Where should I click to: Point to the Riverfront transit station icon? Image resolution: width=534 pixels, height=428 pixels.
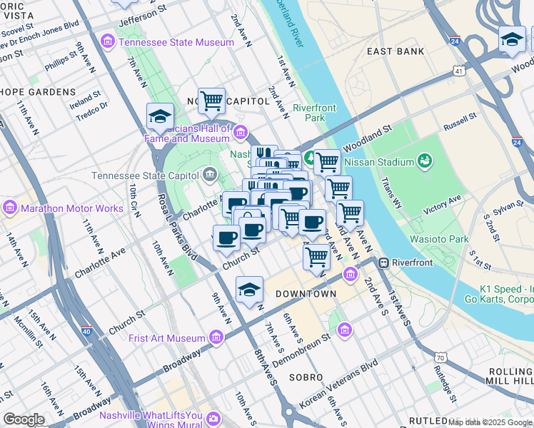[x=384, y=263]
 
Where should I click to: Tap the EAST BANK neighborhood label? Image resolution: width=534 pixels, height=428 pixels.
[x=396, y=51]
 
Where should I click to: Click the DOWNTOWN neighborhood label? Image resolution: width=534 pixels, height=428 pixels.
[x=306, y=294]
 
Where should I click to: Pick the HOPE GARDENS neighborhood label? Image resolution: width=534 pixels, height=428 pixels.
[x=38, y=92]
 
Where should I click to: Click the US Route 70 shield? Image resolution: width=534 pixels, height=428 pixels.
[x=441, y=356]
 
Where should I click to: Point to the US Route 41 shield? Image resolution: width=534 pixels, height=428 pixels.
[x=458, y=71]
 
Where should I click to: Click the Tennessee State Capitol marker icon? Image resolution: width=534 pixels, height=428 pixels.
[x=209, y=174]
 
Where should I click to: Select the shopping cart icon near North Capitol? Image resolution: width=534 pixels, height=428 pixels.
[x=211, y=101]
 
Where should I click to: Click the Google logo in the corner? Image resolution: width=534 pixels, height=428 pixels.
[x=24, y=419]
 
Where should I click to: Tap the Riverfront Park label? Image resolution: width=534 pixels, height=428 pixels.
[x=314, y=113]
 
